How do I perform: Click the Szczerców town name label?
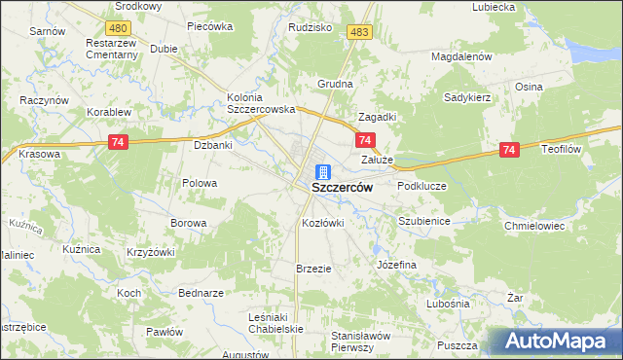pos(342,188)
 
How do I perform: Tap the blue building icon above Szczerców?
pos(322,171)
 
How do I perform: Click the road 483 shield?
pos(360,32)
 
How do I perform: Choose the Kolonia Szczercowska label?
pos(261,103)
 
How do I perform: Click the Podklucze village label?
pos(421,185)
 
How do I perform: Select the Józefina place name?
pos(396,265)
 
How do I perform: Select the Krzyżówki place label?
pos(150,252)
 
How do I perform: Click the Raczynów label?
pos(44,100)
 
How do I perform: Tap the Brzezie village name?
pos(314,269)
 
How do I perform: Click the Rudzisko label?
pos(311,27)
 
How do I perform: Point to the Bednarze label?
pos(202,293)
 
